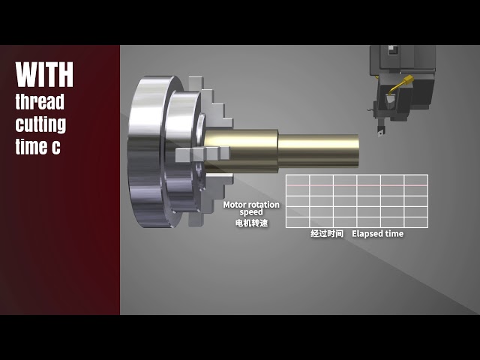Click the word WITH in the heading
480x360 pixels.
point(44,75)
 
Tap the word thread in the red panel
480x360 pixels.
point(40,101)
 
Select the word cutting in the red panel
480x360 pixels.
point(40,124)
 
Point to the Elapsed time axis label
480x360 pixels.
point(377,234)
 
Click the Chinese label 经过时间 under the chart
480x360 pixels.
point(327,234)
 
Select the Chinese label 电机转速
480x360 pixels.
point(251,223)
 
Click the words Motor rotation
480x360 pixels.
point(251,205)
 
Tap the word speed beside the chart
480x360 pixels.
point(251,213)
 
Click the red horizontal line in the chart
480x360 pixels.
point(356,184)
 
